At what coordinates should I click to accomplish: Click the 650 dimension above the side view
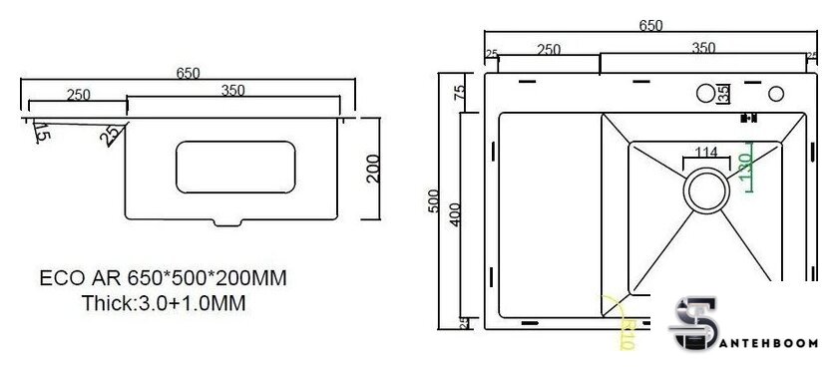(x=188, y=73)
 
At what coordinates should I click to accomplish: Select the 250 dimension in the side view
(x=78, y=95)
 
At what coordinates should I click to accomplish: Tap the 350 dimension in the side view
(x=232, y=91)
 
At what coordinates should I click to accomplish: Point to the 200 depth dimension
(x=373, y=170)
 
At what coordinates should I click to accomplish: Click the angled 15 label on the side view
(x=40, y=131)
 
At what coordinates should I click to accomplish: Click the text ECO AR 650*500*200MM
(x=164, y=278)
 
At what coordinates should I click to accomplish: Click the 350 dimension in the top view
(x=702, y=48)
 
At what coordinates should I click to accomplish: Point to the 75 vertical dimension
(x=460, y=92)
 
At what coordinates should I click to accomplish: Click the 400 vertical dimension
(x=455, y=214)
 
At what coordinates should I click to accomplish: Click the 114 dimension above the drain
(x=706, y=153)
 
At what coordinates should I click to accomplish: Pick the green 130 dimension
(x=745, y=166)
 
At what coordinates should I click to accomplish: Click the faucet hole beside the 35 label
(x=705, y=94)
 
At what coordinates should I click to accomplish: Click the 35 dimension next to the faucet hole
(x=723, y=94)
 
